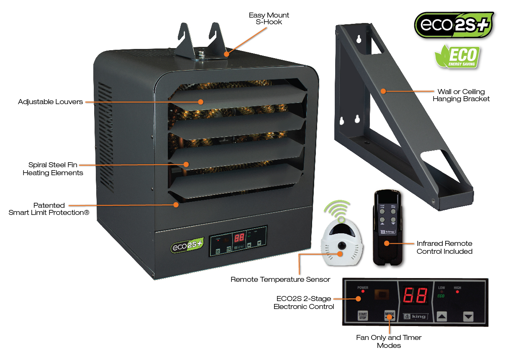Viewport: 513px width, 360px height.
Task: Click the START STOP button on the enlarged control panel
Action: tap(362, 315)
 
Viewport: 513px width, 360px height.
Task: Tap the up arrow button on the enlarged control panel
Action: tap(442, 317)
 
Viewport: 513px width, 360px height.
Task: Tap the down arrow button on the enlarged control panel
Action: tap(468, 317)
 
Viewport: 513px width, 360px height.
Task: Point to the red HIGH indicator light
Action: tap(457, 292)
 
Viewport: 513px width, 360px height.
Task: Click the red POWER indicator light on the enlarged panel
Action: tap(362, 291)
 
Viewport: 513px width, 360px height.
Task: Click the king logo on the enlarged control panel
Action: tap(415, 316)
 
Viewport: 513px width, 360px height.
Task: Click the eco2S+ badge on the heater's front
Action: tap(187, 246)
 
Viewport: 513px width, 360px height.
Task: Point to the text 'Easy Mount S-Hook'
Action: tap(269, 18)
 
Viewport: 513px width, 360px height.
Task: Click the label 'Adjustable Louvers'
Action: tap(50, 102)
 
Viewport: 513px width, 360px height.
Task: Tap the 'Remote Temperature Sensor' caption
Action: tap(280, 279)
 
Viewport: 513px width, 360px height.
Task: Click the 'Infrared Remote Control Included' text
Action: tap(444, 247)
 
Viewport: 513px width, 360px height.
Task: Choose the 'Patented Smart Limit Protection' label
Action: tap(49, 209)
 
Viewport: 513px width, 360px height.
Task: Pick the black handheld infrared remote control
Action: tap(387, 228)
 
